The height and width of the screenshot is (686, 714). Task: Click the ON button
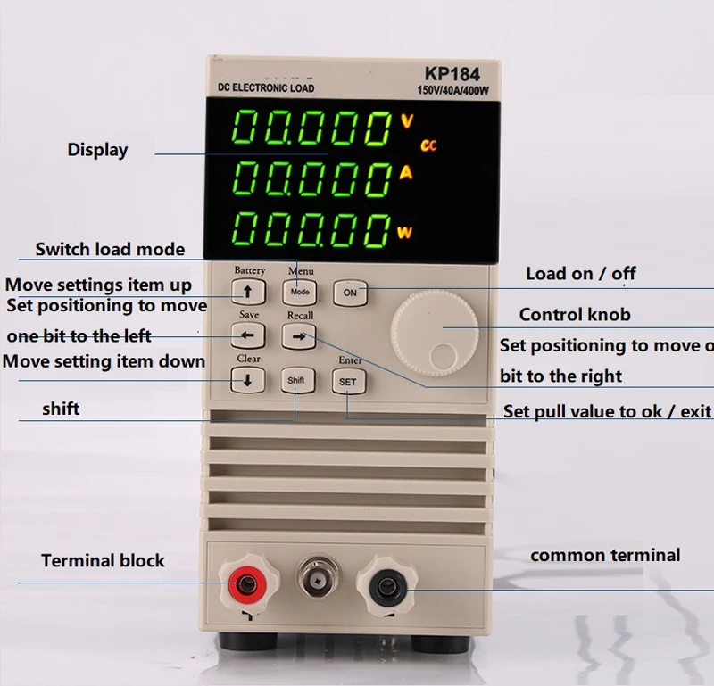tap(350, 292)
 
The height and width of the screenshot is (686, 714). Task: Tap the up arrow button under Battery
tap(248, 292)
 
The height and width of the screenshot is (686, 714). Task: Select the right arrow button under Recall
tap(299, 336)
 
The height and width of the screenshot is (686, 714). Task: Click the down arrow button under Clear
tap(248, 380)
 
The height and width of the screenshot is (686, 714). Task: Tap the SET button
tap(347, 381)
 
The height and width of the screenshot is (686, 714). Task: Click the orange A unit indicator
tap(406, 174)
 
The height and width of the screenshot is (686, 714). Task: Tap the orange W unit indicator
tap(405, 234)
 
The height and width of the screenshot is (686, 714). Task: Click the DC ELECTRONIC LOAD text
tap(267, 88)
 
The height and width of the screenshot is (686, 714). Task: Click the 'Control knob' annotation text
tap(574, 314)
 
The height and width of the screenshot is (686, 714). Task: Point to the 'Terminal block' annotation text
tap(103, 561)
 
